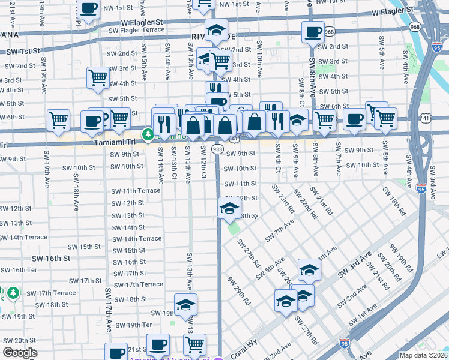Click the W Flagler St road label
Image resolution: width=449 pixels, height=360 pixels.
(x=393, y=11)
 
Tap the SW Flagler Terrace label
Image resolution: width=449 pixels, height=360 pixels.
(x=137, y=29)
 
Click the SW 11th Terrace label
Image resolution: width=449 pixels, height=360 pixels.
(x=136, y=190)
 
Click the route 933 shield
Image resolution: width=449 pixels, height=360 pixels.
(x=217, y=148)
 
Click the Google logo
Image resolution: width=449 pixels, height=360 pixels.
(x=20, y=353)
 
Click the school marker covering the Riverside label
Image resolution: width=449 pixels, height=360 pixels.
(x=216, y=30)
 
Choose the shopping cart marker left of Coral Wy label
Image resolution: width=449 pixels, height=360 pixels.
(x=194, y=345)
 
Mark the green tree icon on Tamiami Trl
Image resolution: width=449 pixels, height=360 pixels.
(x=146, y=134)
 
